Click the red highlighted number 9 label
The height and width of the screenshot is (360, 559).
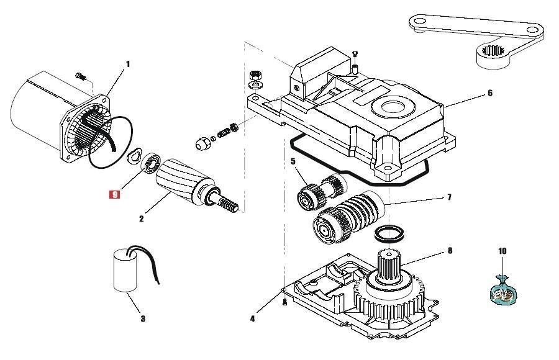click(115, 195)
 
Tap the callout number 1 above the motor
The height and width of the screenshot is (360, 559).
click(127, 64)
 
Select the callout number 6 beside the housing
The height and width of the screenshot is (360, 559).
click(490, 93)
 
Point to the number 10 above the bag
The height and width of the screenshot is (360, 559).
click(502, 251)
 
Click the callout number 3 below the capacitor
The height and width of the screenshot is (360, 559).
click(143, 318)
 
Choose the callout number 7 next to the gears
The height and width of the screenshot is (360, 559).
click(449, 197)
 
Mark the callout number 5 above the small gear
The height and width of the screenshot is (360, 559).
click(293, 161)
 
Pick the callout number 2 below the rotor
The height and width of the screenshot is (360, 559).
click(142, 218)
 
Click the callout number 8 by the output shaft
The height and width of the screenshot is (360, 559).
click(450, 251)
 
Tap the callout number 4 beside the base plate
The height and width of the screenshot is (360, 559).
click(252, 318)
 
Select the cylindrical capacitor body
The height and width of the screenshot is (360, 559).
click(125, 271)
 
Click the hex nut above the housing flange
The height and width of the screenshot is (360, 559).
click(256, 75)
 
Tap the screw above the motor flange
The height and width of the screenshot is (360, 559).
click(81, 76)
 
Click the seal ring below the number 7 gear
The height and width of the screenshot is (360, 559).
click(389, 233)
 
